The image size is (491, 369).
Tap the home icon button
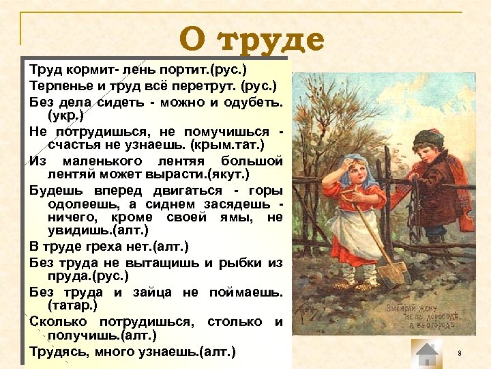(x=428, y=354)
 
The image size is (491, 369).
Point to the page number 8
(x=460, y=353)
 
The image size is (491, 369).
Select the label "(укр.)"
(x=66, y=116)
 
